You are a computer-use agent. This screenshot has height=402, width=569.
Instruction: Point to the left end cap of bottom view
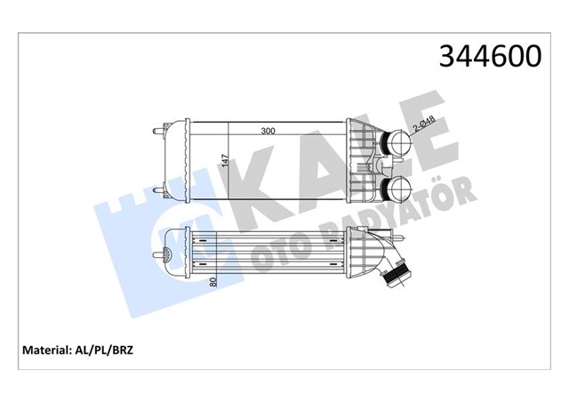pyautogui.click(x=179, y=253)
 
